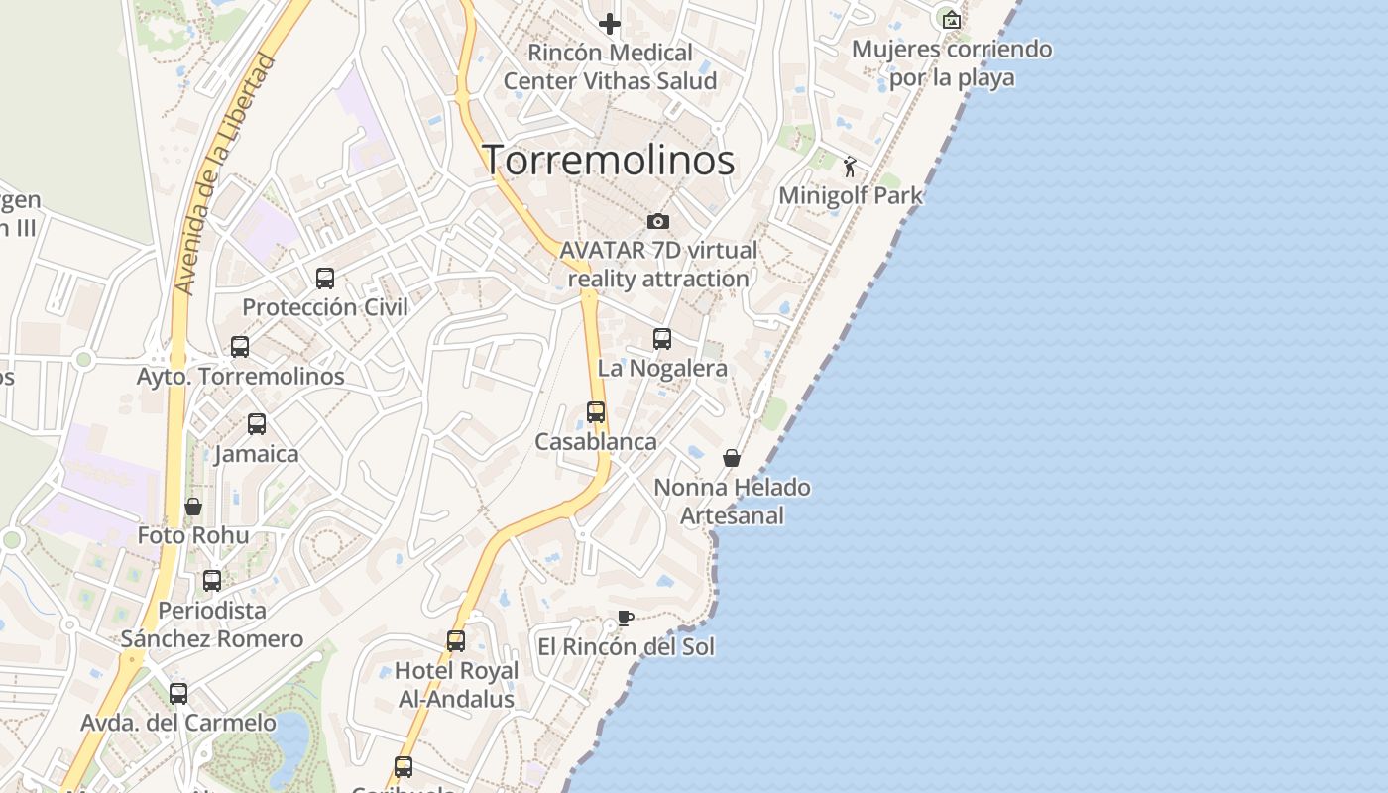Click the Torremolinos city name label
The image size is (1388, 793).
click(608, 160)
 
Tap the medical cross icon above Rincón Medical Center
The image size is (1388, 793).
click(610, 23)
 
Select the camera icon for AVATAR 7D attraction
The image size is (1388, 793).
click(657, 221)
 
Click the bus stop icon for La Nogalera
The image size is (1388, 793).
click(662, 339)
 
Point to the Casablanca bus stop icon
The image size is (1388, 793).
click(596, 412)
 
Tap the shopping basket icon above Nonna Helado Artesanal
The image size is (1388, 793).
click(732, 458)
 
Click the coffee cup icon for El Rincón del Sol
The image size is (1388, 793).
click(625, 619)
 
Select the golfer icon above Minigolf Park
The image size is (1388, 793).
click(850, 167)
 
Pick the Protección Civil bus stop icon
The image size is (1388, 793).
click(325, 279)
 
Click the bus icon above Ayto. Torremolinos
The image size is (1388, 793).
click(240, 347)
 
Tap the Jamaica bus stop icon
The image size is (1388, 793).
click(257, 424)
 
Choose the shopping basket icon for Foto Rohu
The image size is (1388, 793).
click(193, 507)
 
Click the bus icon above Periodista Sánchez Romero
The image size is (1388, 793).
click(212, 581)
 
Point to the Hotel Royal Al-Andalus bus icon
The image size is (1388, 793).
click(456, 641)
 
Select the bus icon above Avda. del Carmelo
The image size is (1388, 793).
click(178, 694)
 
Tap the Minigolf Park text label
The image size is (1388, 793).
click(850, 195)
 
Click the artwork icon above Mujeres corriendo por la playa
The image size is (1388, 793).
click(952, 19)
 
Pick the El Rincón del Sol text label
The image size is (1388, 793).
click(626, 647)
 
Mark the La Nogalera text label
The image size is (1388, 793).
click(662, 368)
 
